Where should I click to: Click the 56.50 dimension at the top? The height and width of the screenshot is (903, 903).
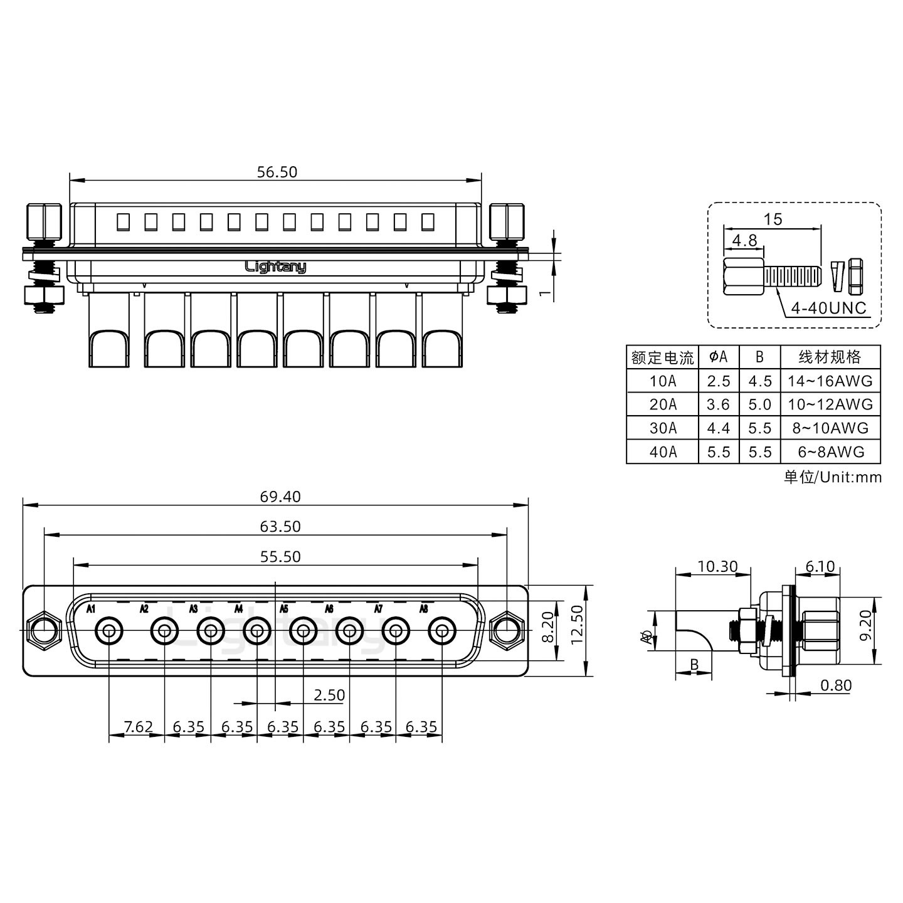pos(277,172)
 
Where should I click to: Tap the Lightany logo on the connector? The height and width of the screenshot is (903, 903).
pos(275,267)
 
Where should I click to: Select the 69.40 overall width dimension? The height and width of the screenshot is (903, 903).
pos(280,497)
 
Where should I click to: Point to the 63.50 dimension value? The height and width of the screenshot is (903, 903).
pos(280,527)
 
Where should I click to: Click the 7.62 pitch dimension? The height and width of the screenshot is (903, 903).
pos(138,727)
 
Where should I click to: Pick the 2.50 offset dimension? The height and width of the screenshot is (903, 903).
pos(329,695)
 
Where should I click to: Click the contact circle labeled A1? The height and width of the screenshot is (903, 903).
pos(109,631)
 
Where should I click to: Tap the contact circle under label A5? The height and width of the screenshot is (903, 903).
pos(304,631)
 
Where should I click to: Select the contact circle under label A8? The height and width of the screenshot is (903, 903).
pos(442,631)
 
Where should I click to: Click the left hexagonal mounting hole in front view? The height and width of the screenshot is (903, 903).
pos(44,631)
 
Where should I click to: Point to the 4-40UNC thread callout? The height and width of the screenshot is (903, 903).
pos(828,308)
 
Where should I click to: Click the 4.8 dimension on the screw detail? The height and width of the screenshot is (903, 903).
pos(744,240)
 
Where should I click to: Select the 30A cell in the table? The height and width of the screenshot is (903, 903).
pos(663,428)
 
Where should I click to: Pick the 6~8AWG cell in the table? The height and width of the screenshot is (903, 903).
pos(830,451)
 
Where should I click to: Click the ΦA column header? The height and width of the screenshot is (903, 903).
pos(719,357)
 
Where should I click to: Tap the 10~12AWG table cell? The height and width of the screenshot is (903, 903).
pos(830,404)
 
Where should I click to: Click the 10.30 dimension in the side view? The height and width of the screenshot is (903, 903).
pos(717,567)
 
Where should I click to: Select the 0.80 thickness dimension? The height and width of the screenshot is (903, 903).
pos(836,685)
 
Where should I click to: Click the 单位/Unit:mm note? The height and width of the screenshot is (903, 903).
pos(833,477)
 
